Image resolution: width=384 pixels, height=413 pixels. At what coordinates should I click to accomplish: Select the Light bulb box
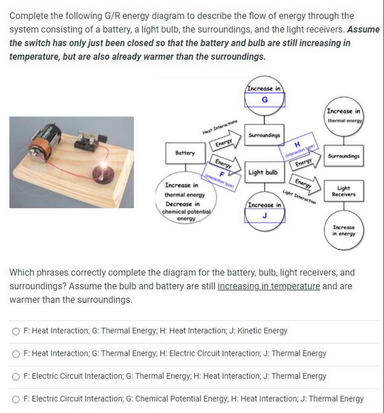[263, 173]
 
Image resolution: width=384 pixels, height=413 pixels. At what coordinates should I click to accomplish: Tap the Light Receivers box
[343, 191]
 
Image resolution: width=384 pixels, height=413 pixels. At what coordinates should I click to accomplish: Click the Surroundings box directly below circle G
[264, 135]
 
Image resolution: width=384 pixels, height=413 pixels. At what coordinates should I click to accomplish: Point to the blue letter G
[264, 100]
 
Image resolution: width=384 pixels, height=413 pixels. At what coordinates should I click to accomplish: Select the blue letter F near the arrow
[222, 174]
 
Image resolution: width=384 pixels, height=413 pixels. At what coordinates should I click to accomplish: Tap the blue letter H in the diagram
[298, 145]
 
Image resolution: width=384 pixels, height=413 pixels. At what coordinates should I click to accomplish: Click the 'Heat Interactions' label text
[220, 126]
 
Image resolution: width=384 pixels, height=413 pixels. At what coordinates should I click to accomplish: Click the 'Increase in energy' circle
[344, 230]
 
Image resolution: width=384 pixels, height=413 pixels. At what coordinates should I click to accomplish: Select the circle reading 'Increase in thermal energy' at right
[344, 116]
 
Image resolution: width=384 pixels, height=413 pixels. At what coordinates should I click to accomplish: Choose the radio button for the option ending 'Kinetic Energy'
[16, 331]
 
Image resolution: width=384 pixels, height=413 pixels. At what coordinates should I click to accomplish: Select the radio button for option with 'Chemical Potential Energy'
[16, 399]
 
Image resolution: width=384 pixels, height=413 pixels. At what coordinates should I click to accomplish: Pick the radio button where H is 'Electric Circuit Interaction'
[16, 354]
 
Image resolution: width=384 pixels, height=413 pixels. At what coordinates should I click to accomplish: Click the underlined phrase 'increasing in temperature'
[269, 287]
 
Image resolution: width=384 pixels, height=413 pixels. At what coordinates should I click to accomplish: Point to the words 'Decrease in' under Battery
[182, 204]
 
